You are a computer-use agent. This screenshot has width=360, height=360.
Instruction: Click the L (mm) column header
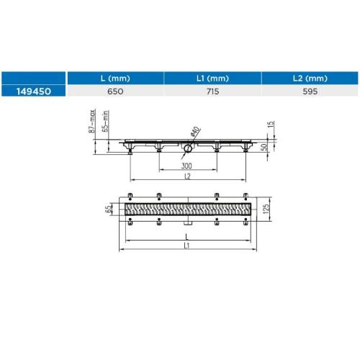click(x=115, y=78)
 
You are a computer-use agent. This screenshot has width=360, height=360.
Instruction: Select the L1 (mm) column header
click(x=212, y=78)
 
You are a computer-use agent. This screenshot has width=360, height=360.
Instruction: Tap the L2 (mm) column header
click(x=310, y=78)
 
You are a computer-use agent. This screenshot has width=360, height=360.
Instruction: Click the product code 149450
click(x=34, y=91)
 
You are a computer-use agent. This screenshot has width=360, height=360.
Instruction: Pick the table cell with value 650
click(x=115, y=91)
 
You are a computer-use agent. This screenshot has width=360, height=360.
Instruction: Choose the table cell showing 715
click(x=212, y=91)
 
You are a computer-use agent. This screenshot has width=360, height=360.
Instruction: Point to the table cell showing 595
click(x=310, y=91)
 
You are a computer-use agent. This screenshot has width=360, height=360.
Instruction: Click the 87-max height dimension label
click(x=92, y=121)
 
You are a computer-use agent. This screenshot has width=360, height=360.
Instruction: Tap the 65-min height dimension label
click(x=106, y=121)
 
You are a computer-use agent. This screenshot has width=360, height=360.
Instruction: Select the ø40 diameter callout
click(x=195, y=131)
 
